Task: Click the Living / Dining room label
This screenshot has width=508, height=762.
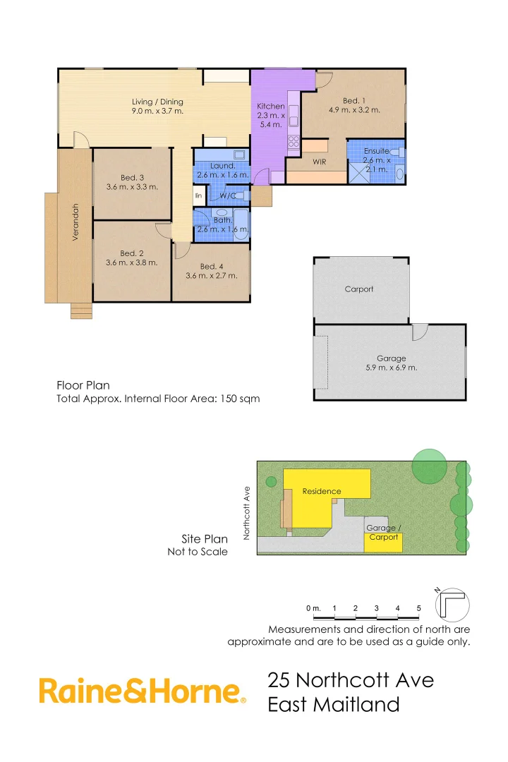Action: pos(157,107)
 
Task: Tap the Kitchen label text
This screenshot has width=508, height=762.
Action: pos(270,115)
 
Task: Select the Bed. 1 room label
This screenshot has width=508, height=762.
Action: pos(354,105)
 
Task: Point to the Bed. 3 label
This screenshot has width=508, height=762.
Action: pos(132,182)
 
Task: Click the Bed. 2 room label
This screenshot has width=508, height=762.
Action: pos(132,258)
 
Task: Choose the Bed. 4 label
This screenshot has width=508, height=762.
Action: pos(212,271)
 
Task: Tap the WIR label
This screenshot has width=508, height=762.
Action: pos(319,162)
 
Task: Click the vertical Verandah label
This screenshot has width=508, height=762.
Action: pos(75,222)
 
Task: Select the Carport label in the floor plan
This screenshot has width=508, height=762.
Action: pos(359,289)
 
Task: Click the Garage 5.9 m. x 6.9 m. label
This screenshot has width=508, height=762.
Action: pos(392,363)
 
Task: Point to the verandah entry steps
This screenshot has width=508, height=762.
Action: pos(81,310)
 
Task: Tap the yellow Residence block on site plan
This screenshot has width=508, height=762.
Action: pos(322,492)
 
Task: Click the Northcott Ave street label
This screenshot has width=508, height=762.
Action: pos(247,512)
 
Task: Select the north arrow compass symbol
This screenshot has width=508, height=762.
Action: pos(453,603)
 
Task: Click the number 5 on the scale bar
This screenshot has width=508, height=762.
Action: pos(418,608)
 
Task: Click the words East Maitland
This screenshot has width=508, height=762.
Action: pos(333,704)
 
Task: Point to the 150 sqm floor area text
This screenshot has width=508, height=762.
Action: pos(243,399)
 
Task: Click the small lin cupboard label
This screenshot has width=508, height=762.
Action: pos(199,195)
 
